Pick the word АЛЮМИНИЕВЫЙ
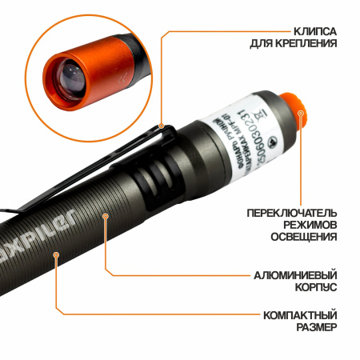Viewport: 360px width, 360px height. [x=295, y=274]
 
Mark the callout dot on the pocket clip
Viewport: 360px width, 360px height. [x=162, y=126]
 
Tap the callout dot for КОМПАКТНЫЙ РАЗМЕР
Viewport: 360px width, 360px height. [x=55, y=255]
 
